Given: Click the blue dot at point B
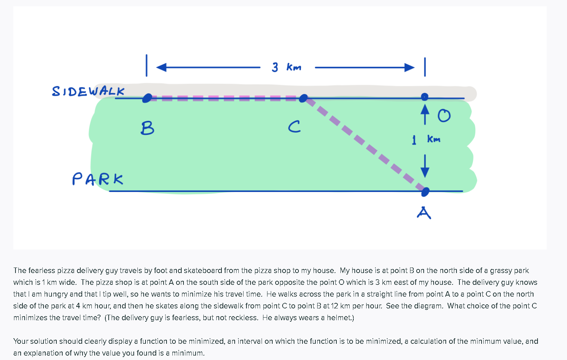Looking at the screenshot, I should [x=147, y=98].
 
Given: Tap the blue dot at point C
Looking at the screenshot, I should [x=303, y=98].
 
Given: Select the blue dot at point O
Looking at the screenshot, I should [x=425, y=97].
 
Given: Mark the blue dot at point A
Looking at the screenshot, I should [x=425, y=192].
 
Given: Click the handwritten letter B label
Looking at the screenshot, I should [x=147, y=128].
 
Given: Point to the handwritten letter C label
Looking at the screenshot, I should [x=294, y=127].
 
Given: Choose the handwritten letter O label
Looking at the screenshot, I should [x=444, y=116].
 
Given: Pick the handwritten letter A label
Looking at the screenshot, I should [x=424, y=213].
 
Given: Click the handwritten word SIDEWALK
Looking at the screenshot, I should [x=88, y=91].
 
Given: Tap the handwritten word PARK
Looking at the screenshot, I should [x=98, y=179].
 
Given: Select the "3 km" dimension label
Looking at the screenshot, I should [x=287, y=67].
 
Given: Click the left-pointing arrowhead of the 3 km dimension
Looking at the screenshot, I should [x=161, y=67].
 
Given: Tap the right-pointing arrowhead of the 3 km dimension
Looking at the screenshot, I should [x=409, y=67].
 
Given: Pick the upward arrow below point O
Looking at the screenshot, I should [x=425, y=113].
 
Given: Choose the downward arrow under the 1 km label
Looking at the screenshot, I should [x=425, y=167].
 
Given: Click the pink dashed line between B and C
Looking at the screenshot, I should [x=225, y=98].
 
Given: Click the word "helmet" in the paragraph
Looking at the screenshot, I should [x=341, y=318].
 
